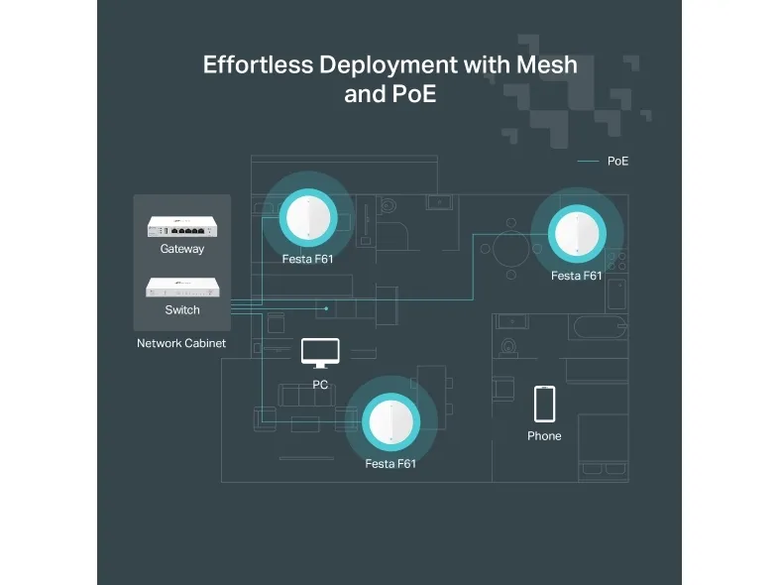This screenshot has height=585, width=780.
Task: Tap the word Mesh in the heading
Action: click(545, 64)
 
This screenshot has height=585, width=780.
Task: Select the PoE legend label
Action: click(617, 161)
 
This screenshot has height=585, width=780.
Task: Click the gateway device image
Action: click(182, 226)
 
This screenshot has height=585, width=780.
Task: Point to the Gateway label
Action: click(182, 249)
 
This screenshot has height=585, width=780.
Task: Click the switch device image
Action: click(182, 288)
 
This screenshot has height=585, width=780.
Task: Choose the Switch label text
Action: click(182, 309)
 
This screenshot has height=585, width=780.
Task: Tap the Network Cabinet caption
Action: click(181, 343)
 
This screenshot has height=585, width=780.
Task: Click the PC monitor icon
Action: click(320, 352)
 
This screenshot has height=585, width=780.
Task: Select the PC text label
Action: click(320, 385)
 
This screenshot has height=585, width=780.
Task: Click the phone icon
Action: click(544, 405)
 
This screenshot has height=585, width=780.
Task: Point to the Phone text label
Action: click(544, 436)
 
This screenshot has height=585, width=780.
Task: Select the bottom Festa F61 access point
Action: click(390, 420)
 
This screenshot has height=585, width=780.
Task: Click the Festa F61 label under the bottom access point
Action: click(390, 463)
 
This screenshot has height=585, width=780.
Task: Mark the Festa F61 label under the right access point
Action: click(577, 276)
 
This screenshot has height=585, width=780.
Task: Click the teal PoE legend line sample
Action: click(589, 161)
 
